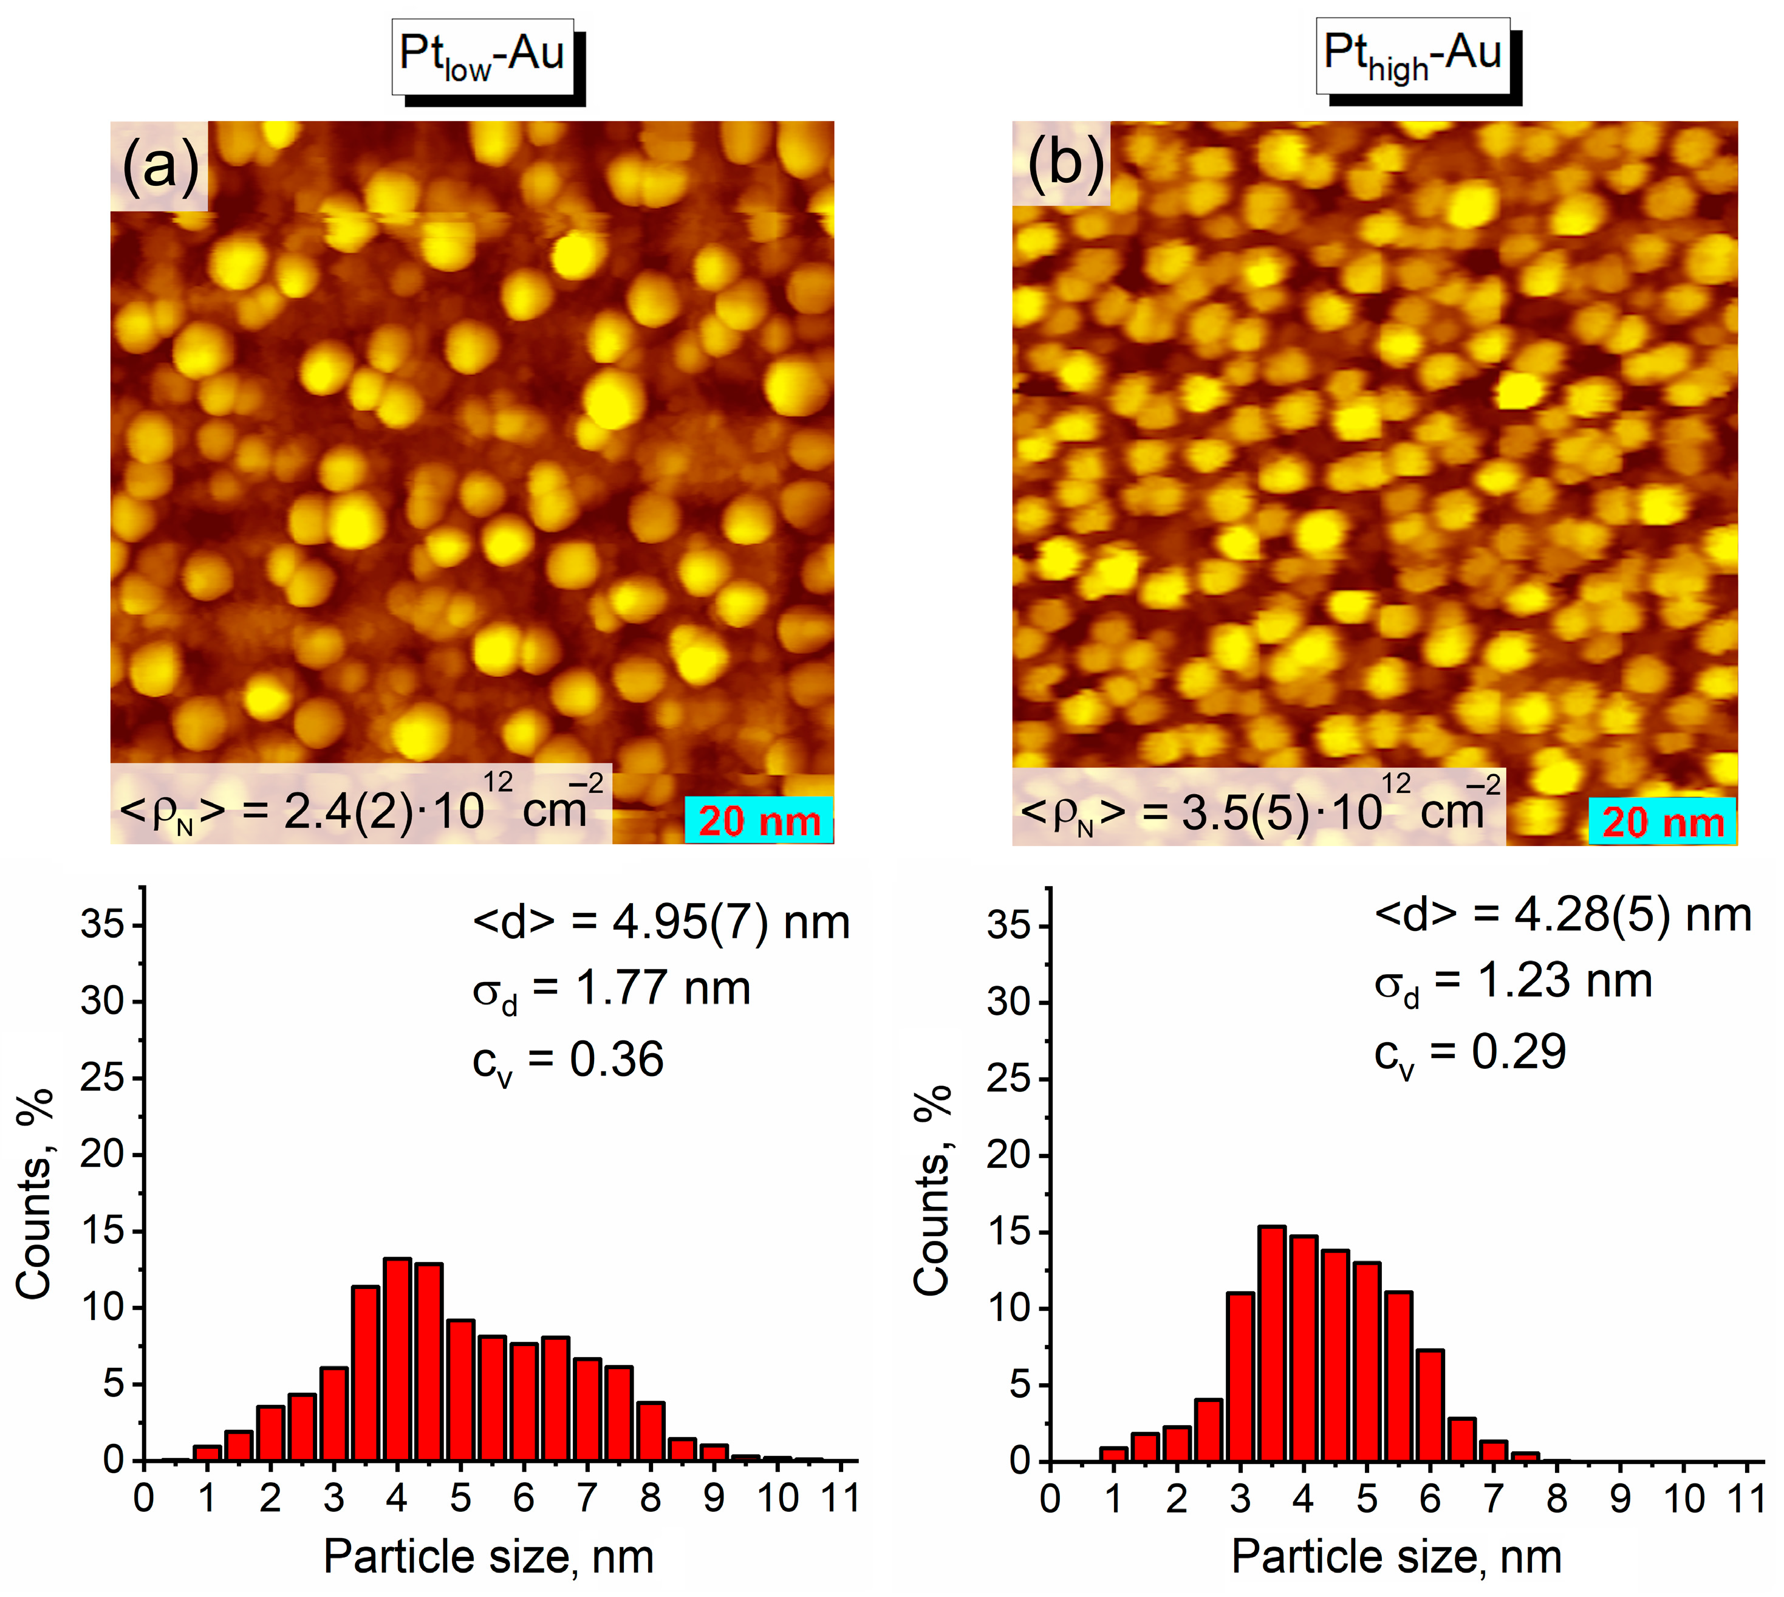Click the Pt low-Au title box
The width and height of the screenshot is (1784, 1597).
point(482,56)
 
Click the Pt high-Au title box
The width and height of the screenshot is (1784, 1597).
point(1413,55)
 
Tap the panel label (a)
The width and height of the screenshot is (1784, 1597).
point(160,165)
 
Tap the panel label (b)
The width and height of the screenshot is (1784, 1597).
point(1063,163)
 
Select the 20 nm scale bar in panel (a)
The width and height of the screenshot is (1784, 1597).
point(759,820)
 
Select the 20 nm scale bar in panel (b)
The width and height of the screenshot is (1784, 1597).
point(1662,822)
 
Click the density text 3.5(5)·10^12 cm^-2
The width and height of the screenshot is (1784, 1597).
point(1260,808)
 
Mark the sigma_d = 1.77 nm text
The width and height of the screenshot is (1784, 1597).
point(611,990)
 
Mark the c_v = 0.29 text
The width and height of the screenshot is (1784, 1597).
point(1470,1053)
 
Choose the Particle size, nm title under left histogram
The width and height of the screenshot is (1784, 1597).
point(488,1558)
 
